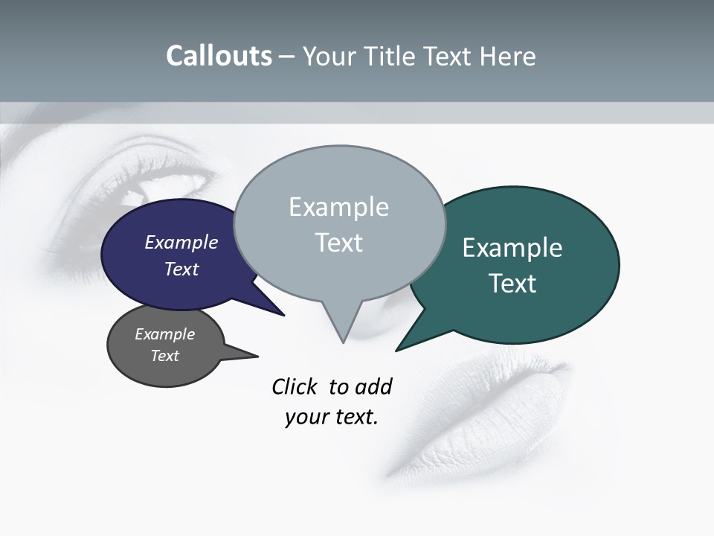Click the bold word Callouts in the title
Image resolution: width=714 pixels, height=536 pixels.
click(219, 56)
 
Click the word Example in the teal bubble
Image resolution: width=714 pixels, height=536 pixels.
click(512, 248)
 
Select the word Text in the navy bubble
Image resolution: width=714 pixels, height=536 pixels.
click(181, 269)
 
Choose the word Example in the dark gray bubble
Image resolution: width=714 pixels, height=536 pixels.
click(164, 334)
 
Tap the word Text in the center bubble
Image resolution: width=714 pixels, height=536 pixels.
click(338, 243)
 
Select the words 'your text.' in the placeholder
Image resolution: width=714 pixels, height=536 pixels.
click(332, 417)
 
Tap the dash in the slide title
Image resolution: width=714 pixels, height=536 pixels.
click(287, 57)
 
